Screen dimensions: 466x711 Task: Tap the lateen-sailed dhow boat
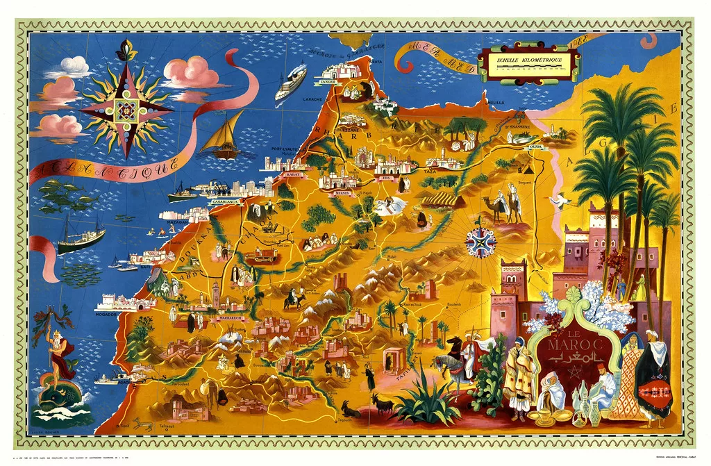click(x=224, y=135)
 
